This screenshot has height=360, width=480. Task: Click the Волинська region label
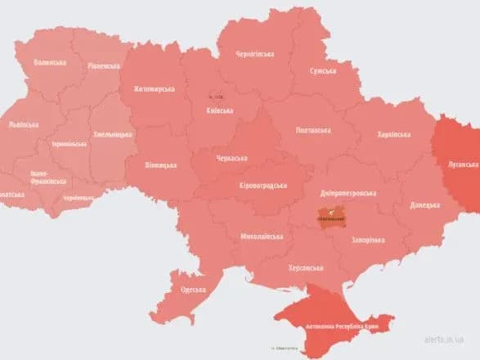(52, 62)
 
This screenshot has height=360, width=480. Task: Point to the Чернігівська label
(255, 53)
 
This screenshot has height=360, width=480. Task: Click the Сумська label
(322, 71)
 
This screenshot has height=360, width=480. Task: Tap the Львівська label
(22, 124)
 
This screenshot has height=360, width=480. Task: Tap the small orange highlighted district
(330, 218)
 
